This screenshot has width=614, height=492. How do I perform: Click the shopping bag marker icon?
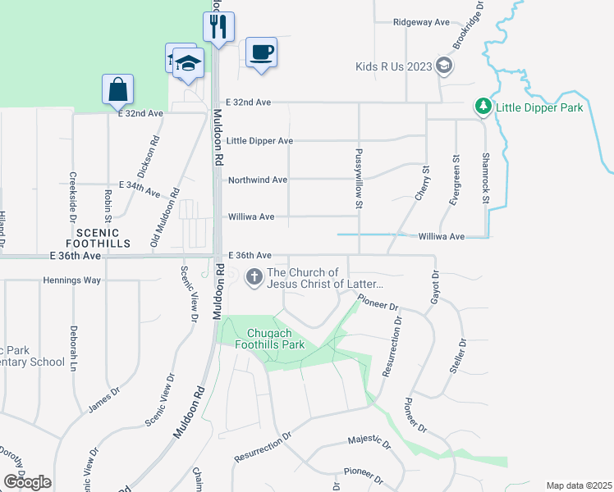point(117,89)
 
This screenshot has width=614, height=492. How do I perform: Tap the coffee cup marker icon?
point(261,52)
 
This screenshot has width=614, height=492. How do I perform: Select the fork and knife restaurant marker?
point(218,27)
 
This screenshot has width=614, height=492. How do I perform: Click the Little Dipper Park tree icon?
point(483,107)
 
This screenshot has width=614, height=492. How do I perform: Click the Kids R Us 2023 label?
point(393,66)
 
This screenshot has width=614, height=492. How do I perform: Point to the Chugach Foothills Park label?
point(276,339)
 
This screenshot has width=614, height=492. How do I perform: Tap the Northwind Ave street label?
point(257,180)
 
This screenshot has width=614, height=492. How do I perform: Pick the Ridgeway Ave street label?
point(422,22)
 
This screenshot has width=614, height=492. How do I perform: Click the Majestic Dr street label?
point(369,442)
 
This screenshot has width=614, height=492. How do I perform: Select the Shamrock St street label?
point(485,177)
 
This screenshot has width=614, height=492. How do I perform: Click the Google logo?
point(27,483)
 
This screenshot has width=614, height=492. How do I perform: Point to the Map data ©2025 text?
point(578,485)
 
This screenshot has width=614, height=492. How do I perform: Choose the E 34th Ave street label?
point(138,188)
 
